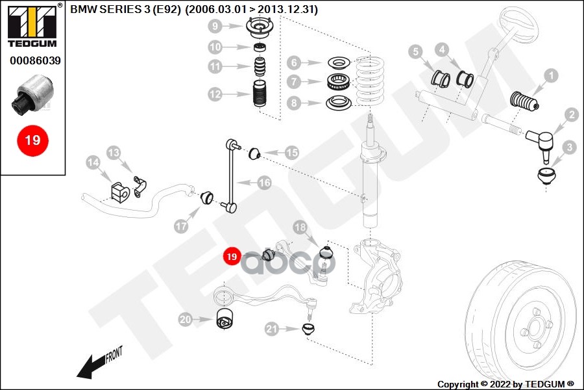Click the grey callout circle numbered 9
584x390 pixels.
pos(215,27)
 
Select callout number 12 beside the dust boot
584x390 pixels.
pos(215,94)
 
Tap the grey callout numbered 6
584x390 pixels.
pos(294,63)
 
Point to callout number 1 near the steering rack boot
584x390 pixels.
pos(550,77)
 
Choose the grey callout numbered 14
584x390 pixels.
pos(93,162)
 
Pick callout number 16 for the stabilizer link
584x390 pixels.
pos(264,183)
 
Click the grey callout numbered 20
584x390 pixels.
pos(186,319)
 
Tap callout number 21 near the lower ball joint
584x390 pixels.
pos(271,329)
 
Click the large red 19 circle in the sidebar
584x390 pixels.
pos(32,140)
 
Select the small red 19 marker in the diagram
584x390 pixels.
pos(232,257)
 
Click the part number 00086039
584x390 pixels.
pos(35,61)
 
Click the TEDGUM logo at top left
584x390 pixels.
pos(32,26)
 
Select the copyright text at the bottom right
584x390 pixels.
pos(505,383)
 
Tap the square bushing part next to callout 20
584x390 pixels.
pos(225,319)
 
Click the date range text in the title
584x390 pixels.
pos(252,10)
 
